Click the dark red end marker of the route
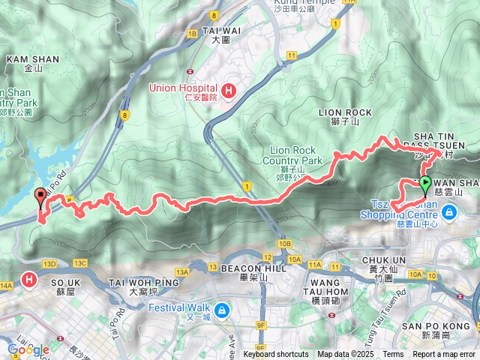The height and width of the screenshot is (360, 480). pos(40,197)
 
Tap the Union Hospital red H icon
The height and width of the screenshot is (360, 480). pos(229,91)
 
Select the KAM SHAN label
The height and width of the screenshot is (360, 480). pos(27,58)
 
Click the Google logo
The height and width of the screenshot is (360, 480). pos(28,350)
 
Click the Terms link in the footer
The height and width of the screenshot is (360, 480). pos(393,355)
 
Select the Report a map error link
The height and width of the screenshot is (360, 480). pos(443,355)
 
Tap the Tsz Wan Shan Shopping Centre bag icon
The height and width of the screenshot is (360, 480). pos(448,214)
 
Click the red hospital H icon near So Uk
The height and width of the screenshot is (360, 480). pos(29,280)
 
